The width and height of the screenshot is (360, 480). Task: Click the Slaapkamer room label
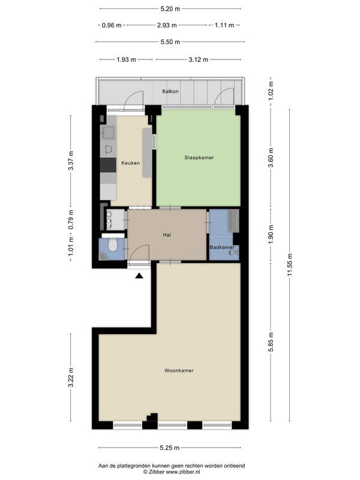(199, 158)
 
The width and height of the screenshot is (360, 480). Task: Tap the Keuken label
(130, 163)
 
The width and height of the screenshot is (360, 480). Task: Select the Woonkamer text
(179, 370)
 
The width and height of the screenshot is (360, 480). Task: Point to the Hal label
(167, 235)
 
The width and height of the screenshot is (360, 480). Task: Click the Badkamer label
(222, 247)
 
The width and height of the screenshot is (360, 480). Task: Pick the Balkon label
(170, 91)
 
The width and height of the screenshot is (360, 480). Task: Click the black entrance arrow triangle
(139, 276)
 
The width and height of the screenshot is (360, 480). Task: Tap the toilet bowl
(113, 245)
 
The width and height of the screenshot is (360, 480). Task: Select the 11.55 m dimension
(290, 265)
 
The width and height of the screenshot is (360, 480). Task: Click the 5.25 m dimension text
(170, 448)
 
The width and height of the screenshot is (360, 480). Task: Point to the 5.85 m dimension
(271, 342)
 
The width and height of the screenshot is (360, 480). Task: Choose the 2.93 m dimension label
(167, 25)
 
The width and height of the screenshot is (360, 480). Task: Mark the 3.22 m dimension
(71, 377)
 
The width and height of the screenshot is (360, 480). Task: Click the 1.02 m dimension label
(271, 91)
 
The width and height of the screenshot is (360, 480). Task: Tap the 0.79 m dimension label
(71, 220)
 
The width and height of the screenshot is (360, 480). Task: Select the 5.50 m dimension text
(170, 41)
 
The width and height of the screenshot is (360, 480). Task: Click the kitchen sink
(108, 133)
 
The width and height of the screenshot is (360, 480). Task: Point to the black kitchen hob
(108, 165)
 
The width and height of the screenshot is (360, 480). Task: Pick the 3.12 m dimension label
(199, 59)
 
